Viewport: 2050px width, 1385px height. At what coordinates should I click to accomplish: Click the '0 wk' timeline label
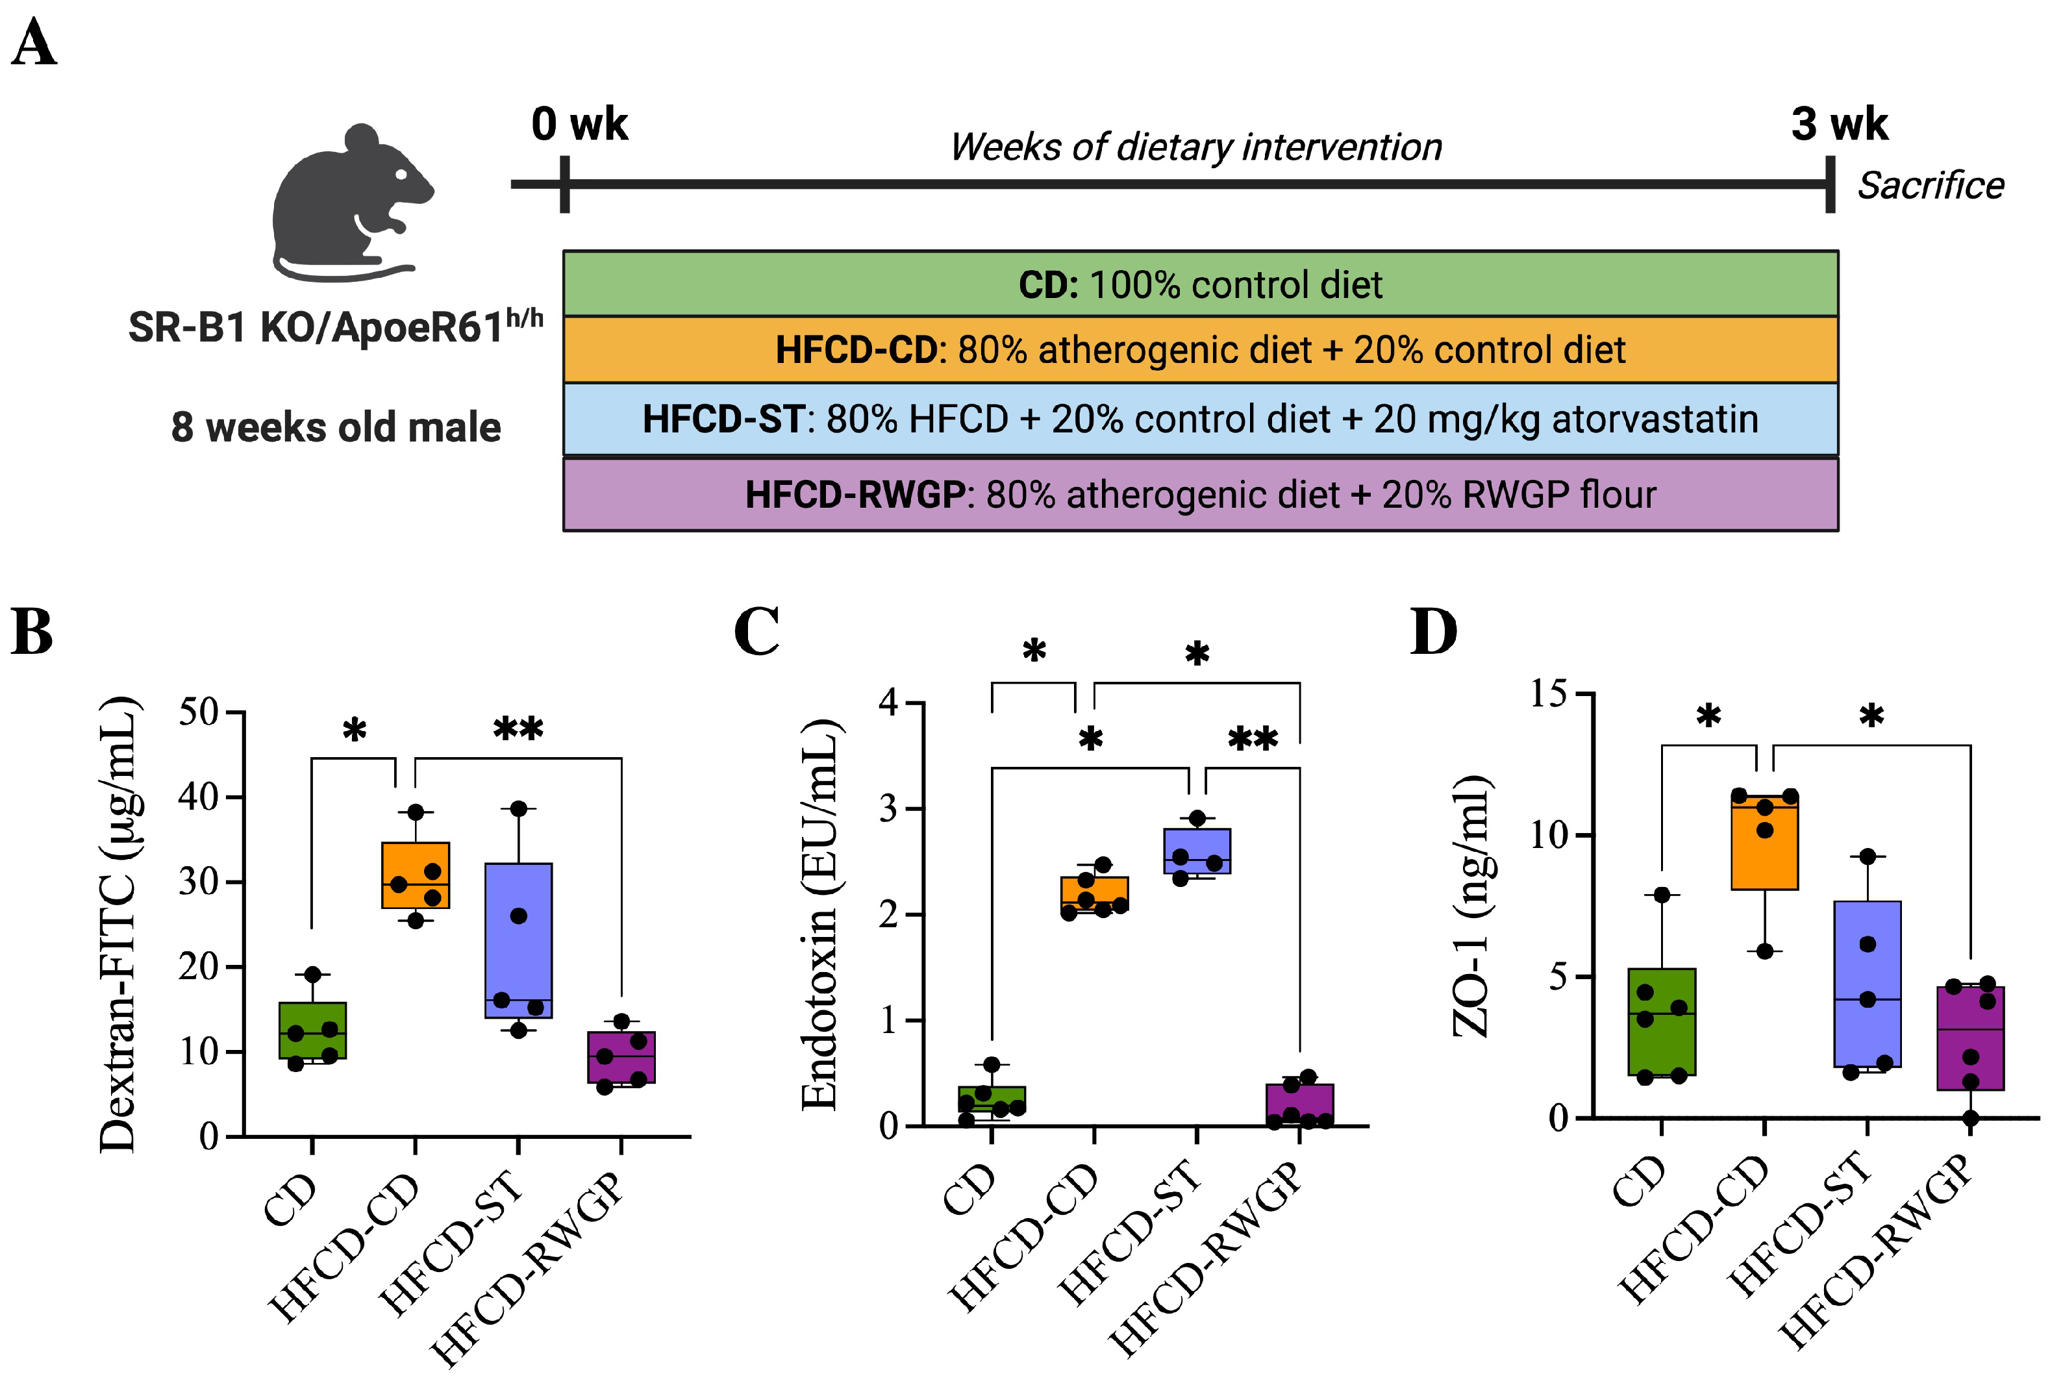[579, 125]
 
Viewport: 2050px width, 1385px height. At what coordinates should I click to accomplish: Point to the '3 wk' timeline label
[1839, 125]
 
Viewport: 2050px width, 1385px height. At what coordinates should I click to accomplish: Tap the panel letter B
[32, 632]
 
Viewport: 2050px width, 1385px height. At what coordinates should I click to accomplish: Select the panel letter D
[1433, 632]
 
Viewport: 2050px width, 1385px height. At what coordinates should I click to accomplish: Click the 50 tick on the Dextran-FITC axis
[199, 712]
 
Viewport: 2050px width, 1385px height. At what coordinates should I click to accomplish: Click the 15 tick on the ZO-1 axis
[1548, 693]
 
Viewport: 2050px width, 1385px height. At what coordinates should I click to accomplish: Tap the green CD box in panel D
[1661, 1021]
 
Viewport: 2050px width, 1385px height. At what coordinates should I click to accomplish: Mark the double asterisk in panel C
[1253, 738]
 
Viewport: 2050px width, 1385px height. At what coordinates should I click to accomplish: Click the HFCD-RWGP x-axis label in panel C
[1206, 1257]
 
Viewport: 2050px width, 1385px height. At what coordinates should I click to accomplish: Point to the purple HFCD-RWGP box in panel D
[1969, 1038]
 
